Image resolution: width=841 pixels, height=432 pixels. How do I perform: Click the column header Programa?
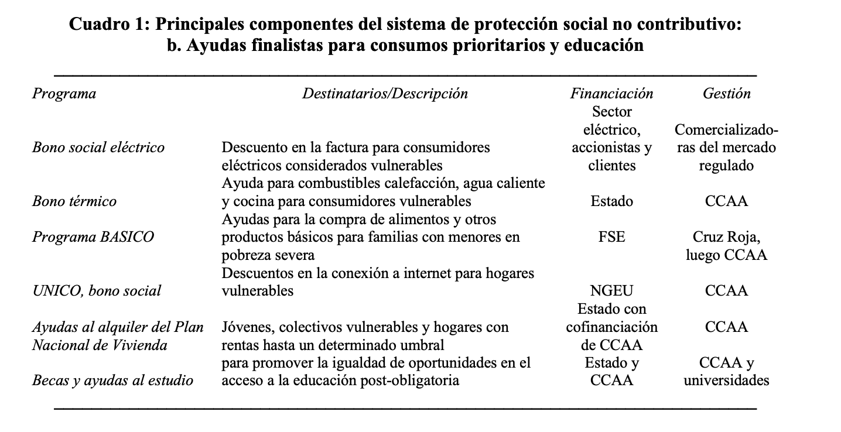(x=64, y=94)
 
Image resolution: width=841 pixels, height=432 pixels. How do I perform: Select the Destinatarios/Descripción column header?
(x=385, y=94)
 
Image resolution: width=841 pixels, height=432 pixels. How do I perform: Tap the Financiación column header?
(x=611, y=94)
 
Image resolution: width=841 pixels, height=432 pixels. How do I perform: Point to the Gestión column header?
(x=726, y=94)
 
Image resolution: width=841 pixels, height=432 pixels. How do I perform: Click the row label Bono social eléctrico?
(x=98, y=148)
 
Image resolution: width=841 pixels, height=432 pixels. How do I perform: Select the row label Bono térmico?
(x=74, y=201)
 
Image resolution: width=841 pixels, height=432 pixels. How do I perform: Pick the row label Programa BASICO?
(x=93, y=237)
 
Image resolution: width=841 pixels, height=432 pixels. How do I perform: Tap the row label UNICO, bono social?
(x=96, y=291)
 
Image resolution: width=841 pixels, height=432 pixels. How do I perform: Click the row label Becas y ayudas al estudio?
(x=112, y=380)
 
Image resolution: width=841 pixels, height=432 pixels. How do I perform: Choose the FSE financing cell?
(x=611, y=237)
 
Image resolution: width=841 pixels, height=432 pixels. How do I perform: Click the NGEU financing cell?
(x=611, y=291)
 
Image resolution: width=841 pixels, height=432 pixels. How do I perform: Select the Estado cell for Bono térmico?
(x=611, y=201)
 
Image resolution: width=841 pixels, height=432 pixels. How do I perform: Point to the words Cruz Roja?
(x=726, y=237)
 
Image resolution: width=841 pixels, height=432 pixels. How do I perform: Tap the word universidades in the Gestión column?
(x=726, y=380)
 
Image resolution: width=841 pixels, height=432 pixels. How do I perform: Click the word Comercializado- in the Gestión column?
(x=726, y=129)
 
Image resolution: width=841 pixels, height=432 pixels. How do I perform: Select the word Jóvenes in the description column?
(x=244, y=327)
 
